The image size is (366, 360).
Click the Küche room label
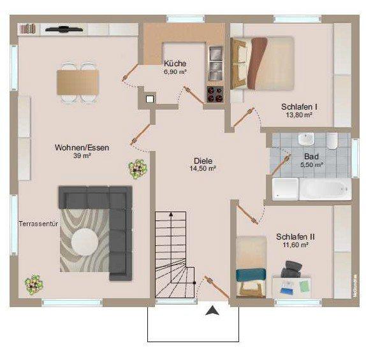click(174, 63)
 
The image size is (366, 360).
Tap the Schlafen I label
click(299, 106)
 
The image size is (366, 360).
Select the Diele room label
click(203, 161)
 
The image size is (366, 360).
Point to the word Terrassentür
click(38, 225)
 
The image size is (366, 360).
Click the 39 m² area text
click(81, 156)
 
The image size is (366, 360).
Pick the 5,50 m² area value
click(311, 165)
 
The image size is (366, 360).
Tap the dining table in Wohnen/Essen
click(78, 81)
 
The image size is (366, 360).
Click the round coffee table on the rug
click(84, 241)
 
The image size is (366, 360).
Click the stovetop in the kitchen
click(214, 94)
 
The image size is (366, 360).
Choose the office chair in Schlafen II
click(291, 268)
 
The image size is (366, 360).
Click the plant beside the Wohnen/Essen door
click(136, 169)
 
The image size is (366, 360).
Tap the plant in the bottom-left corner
click(33, 284)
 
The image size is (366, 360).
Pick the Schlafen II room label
click(295, 236)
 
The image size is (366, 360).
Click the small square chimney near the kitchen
click(150, 99)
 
